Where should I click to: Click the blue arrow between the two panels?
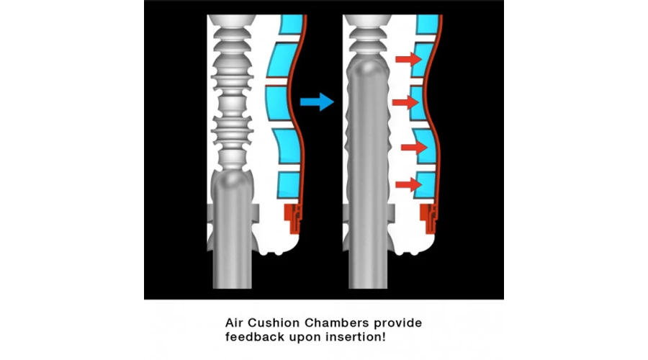317,102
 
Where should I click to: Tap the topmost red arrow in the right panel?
408,60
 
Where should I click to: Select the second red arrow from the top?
405,102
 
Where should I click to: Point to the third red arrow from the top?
414,147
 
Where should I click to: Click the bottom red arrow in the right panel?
408,184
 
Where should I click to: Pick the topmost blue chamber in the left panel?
292,24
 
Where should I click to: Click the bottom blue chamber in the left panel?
288,185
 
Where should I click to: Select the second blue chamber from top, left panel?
282,60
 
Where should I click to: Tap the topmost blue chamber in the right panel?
428,24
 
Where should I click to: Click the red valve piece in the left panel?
294,218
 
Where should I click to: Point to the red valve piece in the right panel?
429,218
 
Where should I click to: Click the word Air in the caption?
234,323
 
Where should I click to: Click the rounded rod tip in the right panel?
367,71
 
